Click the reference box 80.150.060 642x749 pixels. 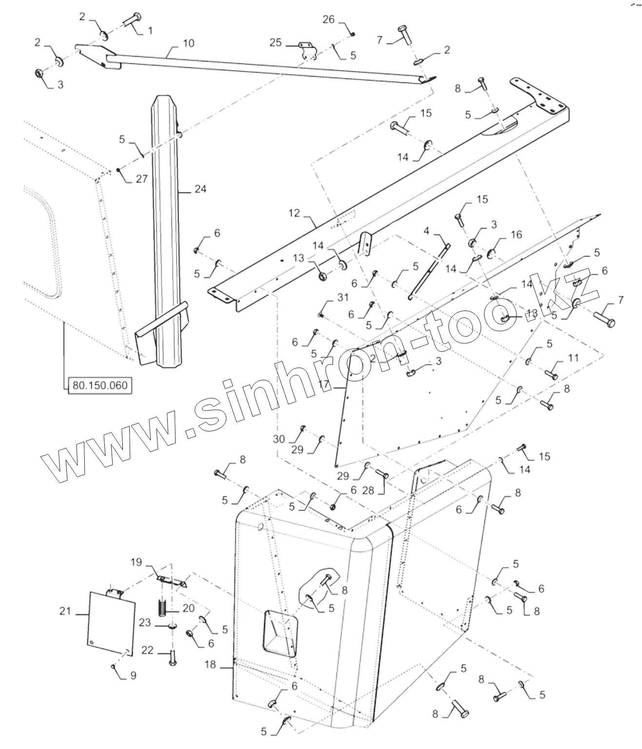(x=99, y=385)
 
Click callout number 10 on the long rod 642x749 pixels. (x=188, y=43)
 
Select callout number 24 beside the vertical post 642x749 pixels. (x=200, y=189)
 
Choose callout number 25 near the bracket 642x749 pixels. (x=276, y=43)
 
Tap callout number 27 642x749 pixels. (x=141, y=179)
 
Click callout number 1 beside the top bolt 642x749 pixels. (x=150, y=30)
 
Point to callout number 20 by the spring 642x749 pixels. (x=188, y=609)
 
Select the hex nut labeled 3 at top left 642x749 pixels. (x=38, y=74)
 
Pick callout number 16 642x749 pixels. (x=516, y=235)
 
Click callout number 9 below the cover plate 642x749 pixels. (x=133, y=676)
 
